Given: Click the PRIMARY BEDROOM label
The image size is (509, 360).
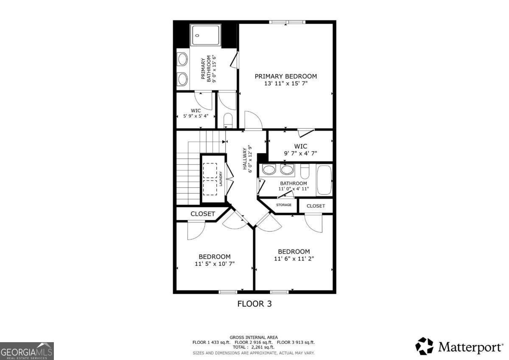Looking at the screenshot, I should pos(285,76).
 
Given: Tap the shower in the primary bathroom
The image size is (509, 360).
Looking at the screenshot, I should pos(206,35).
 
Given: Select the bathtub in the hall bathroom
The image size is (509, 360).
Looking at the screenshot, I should pos(324,180).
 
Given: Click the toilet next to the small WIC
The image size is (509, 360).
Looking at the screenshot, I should pos(228,120).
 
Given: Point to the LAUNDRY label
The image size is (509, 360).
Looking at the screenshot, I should pos(221,179).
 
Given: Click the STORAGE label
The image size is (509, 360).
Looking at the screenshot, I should pos(284,205).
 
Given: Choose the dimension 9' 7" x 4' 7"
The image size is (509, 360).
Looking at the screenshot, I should pos(300,153).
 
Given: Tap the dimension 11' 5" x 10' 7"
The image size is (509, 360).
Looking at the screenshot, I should pos(214,264).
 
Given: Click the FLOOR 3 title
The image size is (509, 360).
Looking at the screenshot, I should pos(254,304).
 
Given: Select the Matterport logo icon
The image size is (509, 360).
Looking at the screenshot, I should pos(424,346).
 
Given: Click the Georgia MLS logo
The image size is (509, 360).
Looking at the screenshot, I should pos(27,351).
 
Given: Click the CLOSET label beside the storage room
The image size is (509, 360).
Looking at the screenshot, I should pos(316,206).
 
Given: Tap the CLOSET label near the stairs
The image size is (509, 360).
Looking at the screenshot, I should pos(202,214).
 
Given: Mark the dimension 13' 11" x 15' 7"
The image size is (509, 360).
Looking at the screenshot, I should pos(285,84).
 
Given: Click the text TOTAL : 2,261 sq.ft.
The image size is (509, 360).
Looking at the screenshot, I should pos(254,347).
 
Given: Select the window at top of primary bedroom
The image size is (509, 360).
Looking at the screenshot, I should pos(288,22).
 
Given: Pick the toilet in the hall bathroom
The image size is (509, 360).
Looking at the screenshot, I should pos(305,172).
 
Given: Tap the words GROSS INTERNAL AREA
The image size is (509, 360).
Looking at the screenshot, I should pos(254,337).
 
